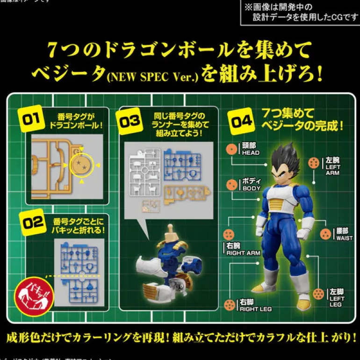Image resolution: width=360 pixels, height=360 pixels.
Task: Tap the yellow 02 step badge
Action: point(33,223)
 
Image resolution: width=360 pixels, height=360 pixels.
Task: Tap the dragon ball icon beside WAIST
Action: point(325,234)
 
